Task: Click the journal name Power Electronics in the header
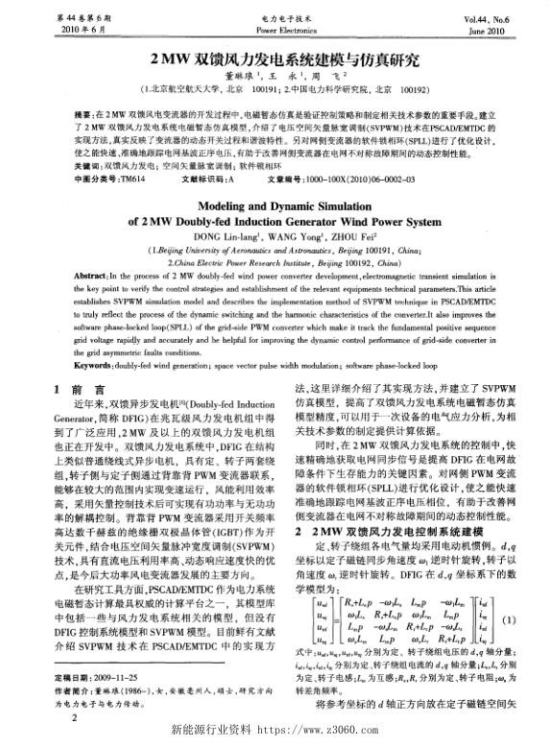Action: click(x=274, y=30)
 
